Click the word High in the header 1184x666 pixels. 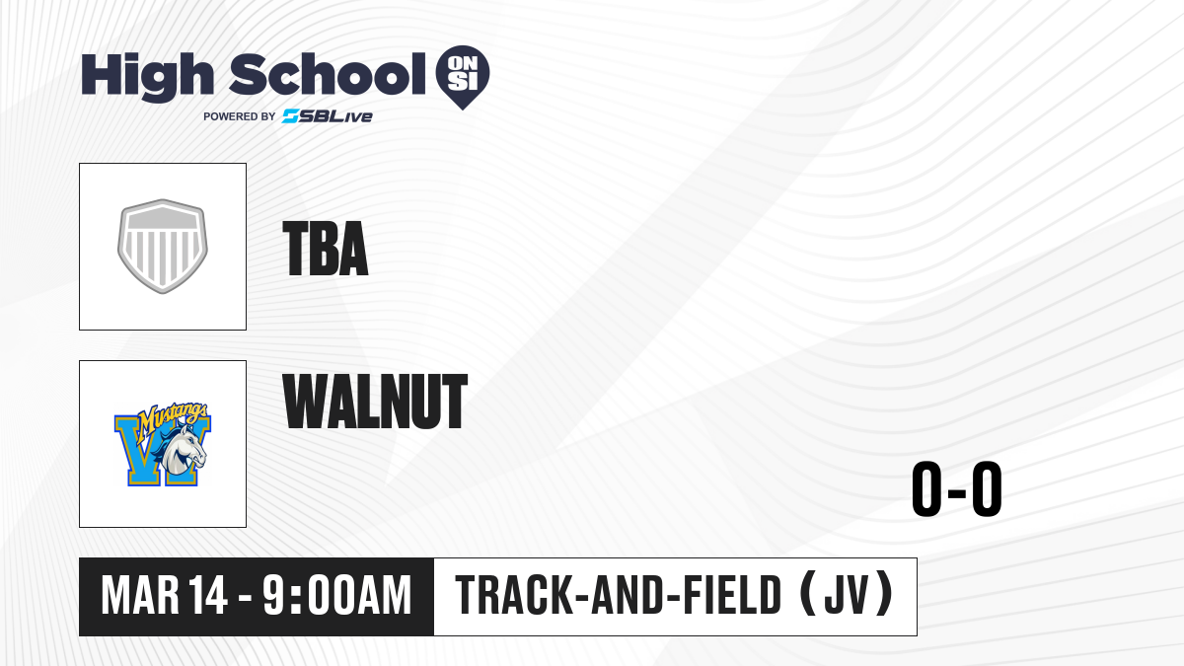(147, 77)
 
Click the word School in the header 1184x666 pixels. (328, 74)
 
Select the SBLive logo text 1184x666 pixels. (328, 116)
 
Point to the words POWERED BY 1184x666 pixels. (240, 116)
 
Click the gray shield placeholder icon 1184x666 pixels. (163, 247)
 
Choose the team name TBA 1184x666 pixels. (325, 249)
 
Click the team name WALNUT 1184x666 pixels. (375, 401)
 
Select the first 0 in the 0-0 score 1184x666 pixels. (926, 488)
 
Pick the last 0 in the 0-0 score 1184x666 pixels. (987, 488)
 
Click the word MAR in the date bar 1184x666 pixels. (140, 596)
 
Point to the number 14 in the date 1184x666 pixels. (209, 596)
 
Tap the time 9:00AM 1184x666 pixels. (337, 596)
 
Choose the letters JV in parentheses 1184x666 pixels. (847, 596)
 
